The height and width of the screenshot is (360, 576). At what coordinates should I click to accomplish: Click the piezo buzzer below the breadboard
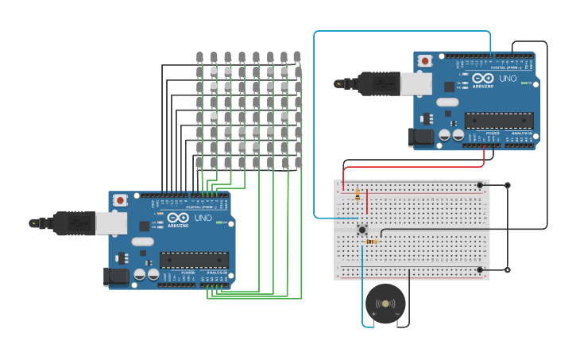tap(385, 304)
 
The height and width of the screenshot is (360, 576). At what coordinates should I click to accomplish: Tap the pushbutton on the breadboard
tap(362, 230)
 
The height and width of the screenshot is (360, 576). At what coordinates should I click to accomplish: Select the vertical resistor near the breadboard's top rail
tap(358, 193)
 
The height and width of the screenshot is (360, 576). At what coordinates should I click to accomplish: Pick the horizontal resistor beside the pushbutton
tap(370, 242)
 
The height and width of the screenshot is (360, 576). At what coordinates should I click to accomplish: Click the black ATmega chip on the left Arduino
tap(194, 260)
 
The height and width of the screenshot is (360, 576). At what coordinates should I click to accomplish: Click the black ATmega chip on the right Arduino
tap(498, 121)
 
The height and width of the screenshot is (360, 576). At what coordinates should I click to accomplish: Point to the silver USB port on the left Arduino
tap(111, 223)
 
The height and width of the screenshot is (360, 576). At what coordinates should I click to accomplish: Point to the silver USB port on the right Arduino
tap(416, 83)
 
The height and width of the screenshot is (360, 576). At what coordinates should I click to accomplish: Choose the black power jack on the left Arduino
tap(116, 277)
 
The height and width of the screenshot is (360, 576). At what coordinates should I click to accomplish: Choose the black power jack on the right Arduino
tap(420, 137)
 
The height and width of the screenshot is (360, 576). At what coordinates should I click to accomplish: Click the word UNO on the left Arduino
tap(203, 217)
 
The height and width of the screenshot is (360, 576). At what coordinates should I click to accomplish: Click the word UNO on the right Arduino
tap(508, 78)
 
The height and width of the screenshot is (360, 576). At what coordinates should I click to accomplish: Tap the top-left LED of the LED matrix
tap(199, 57)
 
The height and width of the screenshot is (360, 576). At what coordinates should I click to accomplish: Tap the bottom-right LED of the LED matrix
tap(298, 163)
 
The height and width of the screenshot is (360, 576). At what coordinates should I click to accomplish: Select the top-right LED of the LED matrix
tap(297, 57)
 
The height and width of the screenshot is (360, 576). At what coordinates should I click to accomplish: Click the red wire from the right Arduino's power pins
tap(413, 167)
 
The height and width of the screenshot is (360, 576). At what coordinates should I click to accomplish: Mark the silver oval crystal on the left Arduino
tap(143, 242)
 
